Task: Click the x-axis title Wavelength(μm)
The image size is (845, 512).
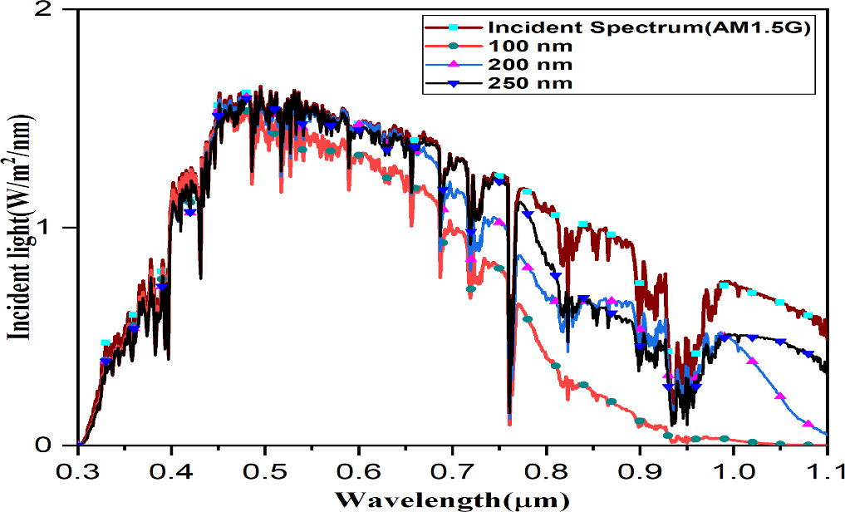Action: (x=453, y=500)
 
